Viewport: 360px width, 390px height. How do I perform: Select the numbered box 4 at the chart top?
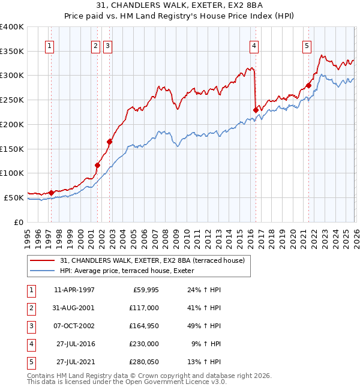point(254,45)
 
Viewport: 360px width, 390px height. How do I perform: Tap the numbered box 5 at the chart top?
point(307,45)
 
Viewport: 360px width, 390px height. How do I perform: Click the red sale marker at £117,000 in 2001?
point(97,164)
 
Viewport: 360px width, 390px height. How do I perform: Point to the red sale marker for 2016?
point(256,109)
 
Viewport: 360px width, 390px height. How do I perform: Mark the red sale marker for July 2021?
point(308,85)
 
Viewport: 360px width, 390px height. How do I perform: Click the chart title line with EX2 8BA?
point(180,5)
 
